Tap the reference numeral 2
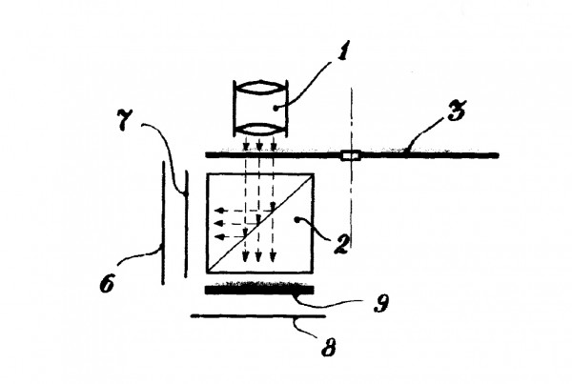[x=342, y=244]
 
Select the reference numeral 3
[x=457, y=111]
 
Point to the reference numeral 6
[x=107, y=283]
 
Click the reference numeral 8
[x=328, y=347]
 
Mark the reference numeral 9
[x=381, y=302]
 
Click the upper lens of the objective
[x=260, y=89]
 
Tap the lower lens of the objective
[x=260, y=130]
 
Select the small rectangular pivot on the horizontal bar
[x=351, y=155]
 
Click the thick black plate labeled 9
[x=259, y=289]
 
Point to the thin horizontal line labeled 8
[x=258, y=316]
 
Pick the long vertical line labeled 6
[x=163, y=222]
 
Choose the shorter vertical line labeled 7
[x=186, y=224]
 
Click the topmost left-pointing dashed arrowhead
[x=218, y=211]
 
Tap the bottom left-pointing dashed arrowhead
[x=219, y=237]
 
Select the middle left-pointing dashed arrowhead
[x=218, y=223]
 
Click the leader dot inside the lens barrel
[x=276, y=108]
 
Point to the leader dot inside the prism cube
[x=296, y=219]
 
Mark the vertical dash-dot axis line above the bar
[x=352, y=119]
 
